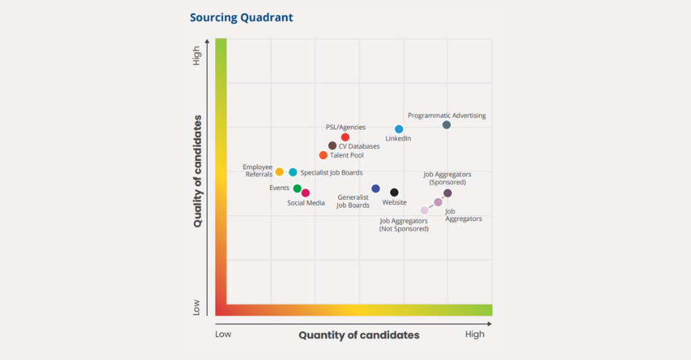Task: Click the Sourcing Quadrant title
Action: (241, 17)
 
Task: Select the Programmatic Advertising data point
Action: (447, 125)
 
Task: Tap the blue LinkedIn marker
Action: (399, 129)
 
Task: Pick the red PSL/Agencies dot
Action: (345, 137)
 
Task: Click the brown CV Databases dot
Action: (332, 146)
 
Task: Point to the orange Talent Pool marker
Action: (323, 155)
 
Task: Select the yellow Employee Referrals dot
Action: (279, 172)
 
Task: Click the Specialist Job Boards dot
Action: (293, 173)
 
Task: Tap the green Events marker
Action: (297, 189)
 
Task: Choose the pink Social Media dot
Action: (305, 193)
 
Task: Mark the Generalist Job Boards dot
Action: (375, 189)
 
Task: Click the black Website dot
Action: (394, 193)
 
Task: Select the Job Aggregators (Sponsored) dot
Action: (448, 193)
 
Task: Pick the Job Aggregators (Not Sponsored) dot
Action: (425, 211)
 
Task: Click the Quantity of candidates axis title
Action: (359, 335)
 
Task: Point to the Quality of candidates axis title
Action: (198, 171)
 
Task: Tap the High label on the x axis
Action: (475, 334)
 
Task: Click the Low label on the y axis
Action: (197, 309)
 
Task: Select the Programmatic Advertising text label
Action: (446, 115)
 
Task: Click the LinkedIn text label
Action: (398, 138)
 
